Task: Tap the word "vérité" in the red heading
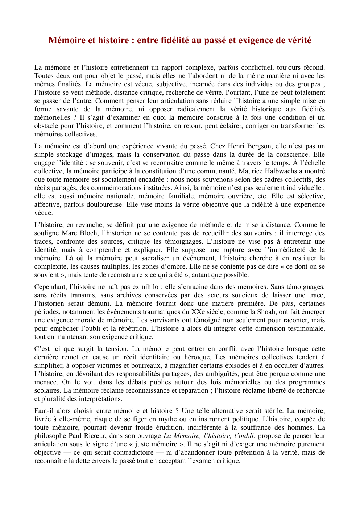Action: coord(299,40)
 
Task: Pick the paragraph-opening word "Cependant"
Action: coord(50,287)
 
